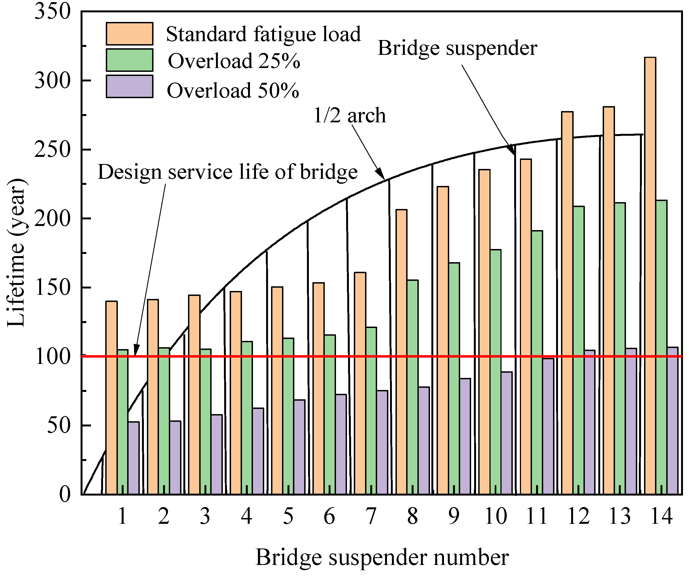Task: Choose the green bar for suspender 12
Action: click(579, 350)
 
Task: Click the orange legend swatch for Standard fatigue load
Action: click(129, 33)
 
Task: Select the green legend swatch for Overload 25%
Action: click(129, 60)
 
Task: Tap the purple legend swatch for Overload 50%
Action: click(129, 87)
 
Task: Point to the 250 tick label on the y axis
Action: click(53, 149)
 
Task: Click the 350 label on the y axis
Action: click(53, 12)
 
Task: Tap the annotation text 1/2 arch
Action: click(350, 115)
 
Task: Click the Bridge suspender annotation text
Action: click(457, 48)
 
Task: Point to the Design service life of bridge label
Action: click(227, 172)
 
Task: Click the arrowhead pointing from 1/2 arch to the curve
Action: click(381, 174)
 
